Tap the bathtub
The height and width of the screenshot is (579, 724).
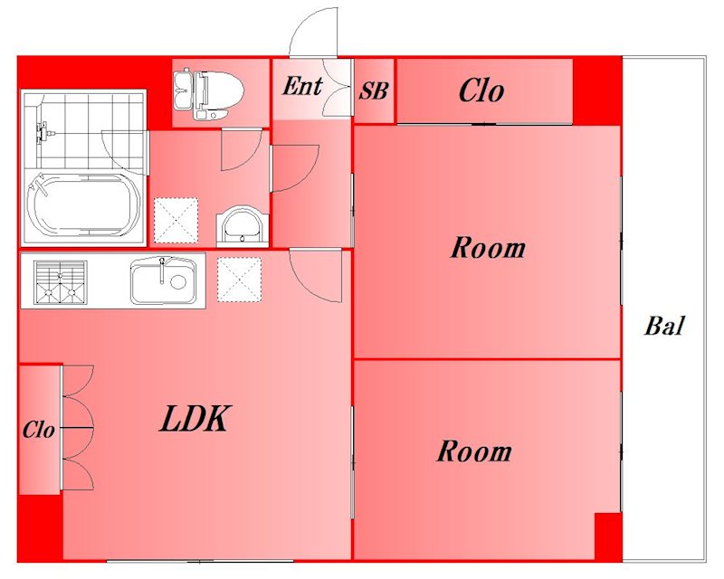coord(83,204)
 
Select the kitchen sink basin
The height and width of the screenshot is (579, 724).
coord(162,280)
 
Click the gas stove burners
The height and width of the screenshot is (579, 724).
coord(60,283)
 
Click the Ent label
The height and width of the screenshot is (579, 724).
coord(302,86)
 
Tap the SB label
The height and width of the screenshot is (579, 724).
coord(374,91)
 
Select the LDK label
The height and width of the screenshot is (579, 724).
coord(195,419)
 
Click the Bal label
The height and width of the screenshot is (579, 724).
coord(664,326)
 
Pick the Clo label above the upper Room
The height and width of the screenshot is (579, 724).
coord(481,90)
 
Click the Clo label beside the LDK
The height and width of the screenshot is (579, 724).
coord(39,430)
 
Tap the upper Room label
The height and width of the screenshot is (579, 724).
coord(488,248)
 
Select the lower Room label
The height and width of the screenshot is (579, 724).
coord(474,451)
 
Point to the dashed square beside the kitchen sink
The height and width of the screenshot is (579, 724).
coord(239,280)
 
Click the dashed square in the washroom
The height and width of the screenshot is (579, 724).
coord(176,220)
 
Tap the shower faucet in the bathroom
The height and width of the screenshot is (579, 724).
coord(44,131)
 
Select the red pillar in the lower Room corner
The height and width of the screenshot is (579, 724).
coord(608,536)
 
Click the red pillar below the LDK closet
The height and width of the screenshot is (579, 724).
coord(40,528)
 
